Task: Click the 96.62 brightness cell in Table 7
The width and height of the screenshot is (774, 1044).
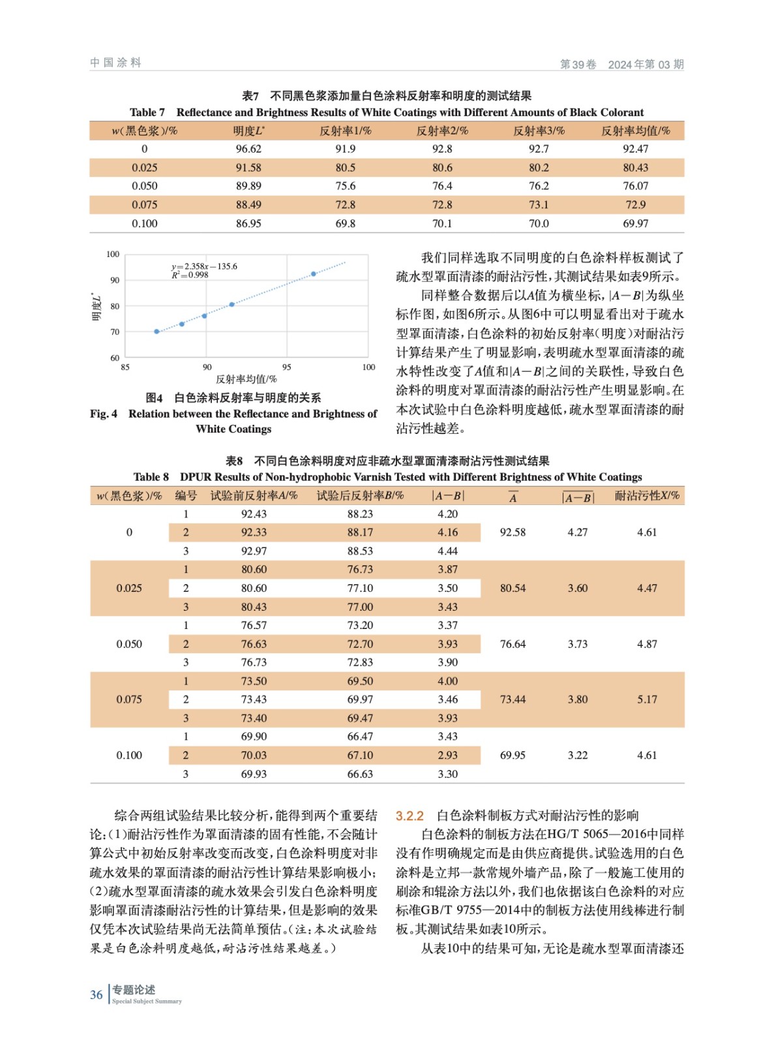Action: (x=248, y=149)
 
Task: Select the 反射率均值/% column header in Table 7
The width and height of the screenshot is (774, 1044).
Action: (x=635, y=130)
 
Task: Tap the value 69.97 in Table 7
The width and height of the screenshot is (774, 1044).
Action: (x=635, y=223)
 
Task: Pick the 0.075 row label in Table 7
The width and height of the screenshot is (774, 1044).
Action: (x=144, y=205)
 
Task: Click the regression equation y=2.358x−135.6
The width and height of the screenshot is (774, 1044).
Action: (x=204, y=266)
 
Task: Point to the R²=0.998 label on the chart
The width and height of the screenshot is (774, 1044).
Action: (x=190, y=275)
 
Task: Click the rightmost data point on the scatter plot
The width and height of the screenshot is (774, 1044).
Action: (x=314, y=274)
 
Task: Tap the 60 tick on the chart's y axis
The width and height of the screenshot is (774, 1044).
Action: (x=115, y=358)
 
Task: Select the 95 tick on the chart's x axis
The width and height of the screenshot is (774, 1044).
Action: (x=287, y=367)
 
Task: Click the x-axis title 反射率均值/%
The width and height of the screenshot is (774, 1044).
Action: (x=246, y=379)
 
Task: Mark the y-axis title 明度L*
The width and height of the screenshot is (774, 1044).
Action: (x=97, y=306)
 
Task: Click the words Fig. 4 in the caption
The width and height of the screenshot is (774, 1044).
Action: (x=104, y=414)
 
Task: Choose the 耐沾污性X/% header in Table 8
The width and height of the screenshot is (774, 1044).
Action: (x=647, y=496)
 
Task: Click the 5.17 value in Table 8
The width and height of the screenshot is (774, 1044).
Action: (x=647, y=699)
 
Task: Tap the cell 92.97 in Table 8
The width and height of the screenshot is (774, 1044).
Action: (x=254, y=551)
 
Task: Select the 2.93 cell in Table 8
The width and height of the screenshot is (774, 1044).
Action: (x=447, y=755)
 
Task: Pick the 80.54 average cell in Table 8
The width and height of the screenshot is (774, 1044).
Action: (x=513, y=588)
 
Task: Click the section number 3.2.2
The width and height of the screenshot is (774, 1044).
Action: (x=409, y=816)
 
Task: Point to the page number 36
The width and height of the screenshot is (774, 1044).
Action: (x=97, y=994)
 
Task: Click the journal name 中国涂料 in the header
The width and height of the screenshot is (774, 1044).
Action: (x=115, y=63)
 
